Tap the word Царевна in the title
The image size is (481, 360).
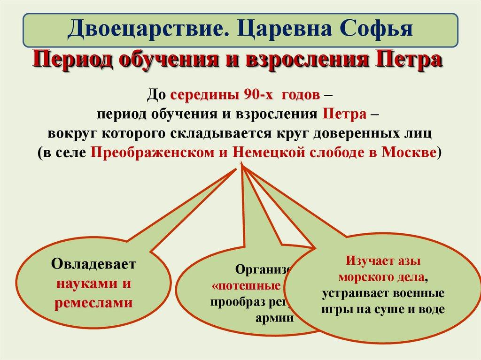276,29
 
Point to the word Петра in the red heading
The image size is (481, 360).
407,60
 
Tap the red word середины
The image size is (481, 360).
205,95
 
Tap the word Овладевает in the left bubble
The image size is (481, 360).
93,264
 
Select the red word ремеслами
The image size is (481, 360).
93,303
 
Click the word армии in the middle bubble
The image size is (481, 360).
275,318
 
